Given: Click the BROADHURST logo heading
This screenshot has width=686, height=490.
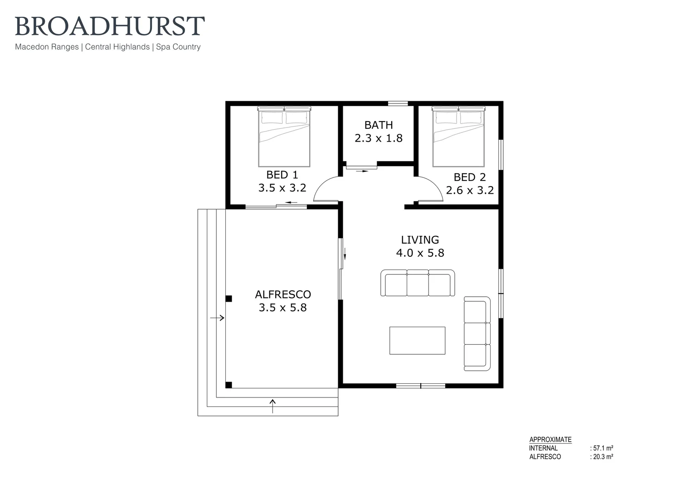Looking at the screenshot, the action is pos(110,26).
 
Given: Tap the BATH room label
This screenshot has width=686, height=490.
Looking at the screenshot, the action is pos(379,125).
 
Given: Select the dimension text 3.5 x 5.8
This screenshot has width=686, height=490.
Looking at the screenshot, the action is pos(282,307).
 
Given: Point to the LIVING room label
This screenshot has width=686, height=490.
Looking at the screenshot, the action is pos(420,240).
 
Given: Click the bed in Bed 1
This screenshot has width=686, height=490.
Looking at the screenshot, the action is pos(284,137).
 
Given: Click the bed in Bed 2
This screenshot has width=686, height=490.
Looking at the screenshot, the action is pos(458,137).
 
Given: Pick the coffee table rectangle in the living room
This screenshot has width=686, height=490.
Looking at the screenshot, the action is pos(417,340).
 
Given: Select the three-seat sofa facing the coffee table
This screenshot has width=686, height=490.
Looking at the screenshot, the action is pos(418,283).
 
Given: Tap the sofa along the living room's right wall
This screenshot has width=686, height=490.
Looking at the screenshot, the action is pos(477,333).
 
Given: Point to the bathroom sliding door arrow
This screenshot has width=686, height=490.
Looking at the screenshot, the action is pos(362,171).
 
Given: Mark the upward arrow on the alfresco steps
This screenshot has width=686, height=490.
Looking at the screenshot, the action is pos(272,406).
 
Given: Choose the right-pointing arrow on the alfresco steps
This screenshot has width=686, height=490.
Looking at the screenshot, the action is pos(217,318).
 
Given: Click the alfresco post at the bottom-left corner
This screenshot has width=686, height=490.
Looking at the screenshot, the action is pos(229,385).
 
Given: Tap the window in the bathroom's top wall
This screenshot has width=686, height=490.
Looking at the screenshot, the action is pos(398,103).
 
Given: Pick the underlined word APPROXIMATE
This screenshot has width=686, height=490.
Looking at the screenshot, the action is pos(550,440).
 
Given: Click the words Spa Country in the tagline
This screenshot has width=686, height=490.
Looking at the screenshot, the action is pos(178,47).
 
